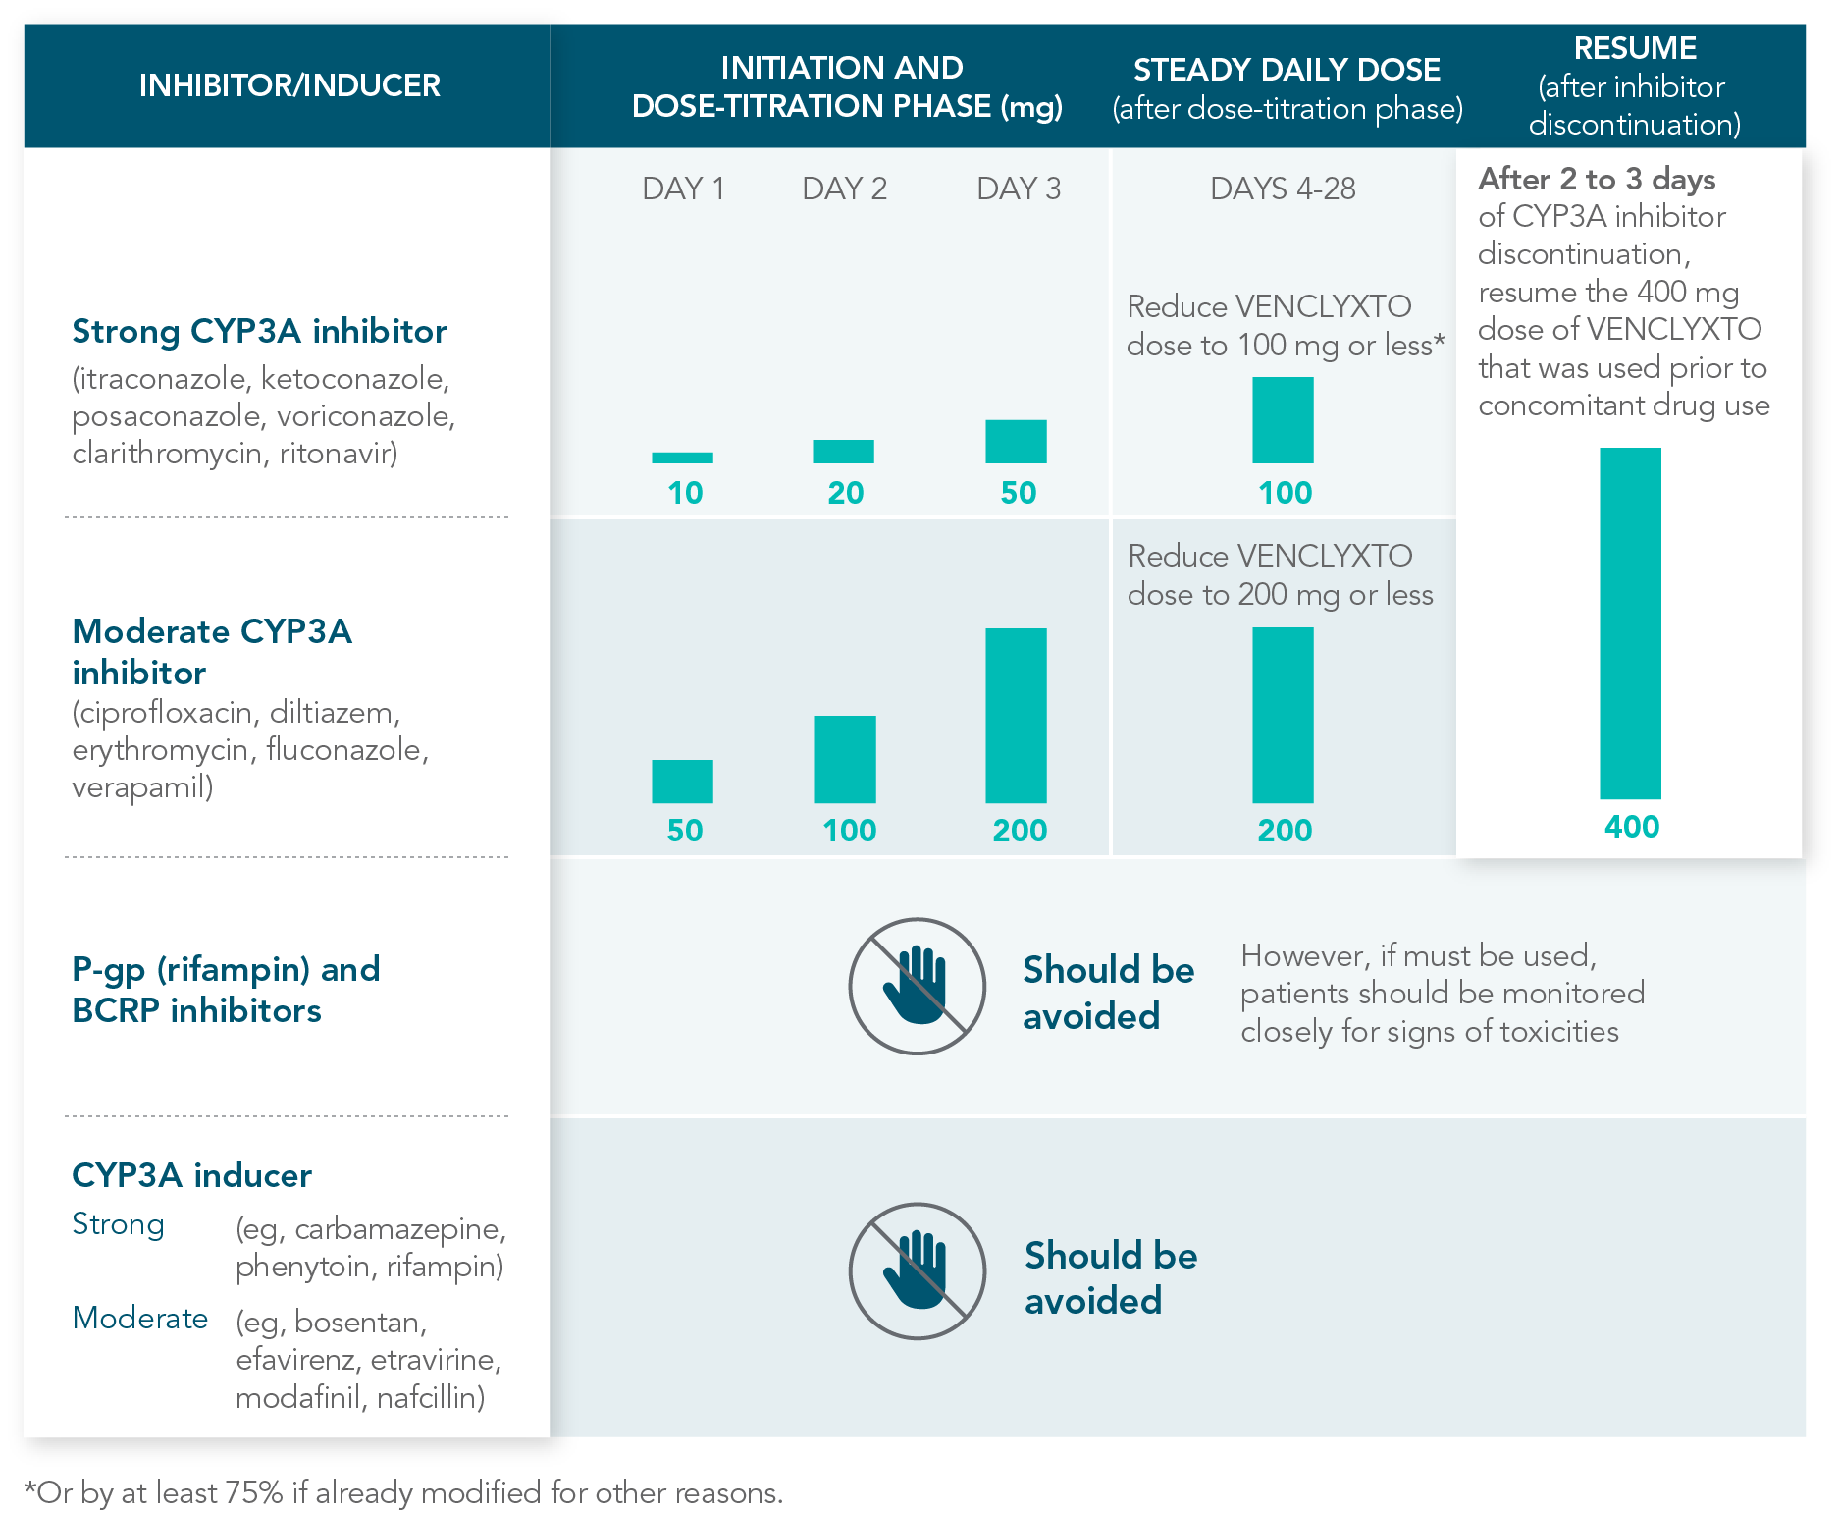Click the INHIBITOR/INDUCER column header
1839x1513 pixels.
pyautogui.click(x=289, y=86)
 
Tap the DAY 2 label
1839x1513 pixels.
pyautogui.click(x=844, y=189)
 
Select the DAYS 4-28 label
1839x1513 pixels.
pyautogui.click(x=1283, y=189)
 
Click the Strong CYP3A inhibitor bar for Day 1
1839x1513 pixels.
pyautogui.click(x=682, y=458)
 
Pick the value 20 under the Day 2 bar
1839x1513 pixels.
pyautogui.click(x=845, y=493)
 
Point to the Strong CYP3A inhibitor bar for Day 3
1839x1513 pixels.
pyautogui.click(x=1016, y=442)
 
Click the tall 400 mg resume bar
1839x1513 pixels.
pyautogui.click(x=1630, y=622)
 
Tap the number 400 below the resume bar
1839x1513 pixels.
pyautogui.click(x=1631, y=827)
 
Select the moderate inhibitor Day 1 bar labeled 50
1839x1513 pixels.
pyautogui.click(x=682, y=782)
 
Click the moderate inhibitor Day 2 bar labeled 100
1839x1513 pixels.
pyautogui.click(x=845, y=759)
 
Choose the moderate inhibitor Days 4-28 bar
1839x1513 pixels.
pyautogui.click(x=1283, y=715)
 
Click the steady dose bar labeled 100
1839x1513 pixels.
pyautogui.click(x=1283, y=420)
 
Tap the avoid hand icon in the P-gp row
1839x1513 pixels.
pyautogui.click(x=917, y=986)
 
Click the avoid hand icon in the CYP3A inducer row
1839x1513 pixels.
pyautogui.click(x=917, y=1270)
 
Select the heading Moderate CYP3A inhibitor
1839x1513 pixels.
pyautogui.click(x=212, y=651)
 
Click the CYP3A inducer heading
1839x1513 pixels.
pyautogui.click(x=192, y=1175)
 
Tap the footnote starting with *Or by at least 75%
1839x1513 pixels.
pyautogui.click(x=403, y=1492)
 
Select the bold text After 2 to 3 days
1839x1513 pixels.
pyautogui.click(x=1597, y=180)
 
